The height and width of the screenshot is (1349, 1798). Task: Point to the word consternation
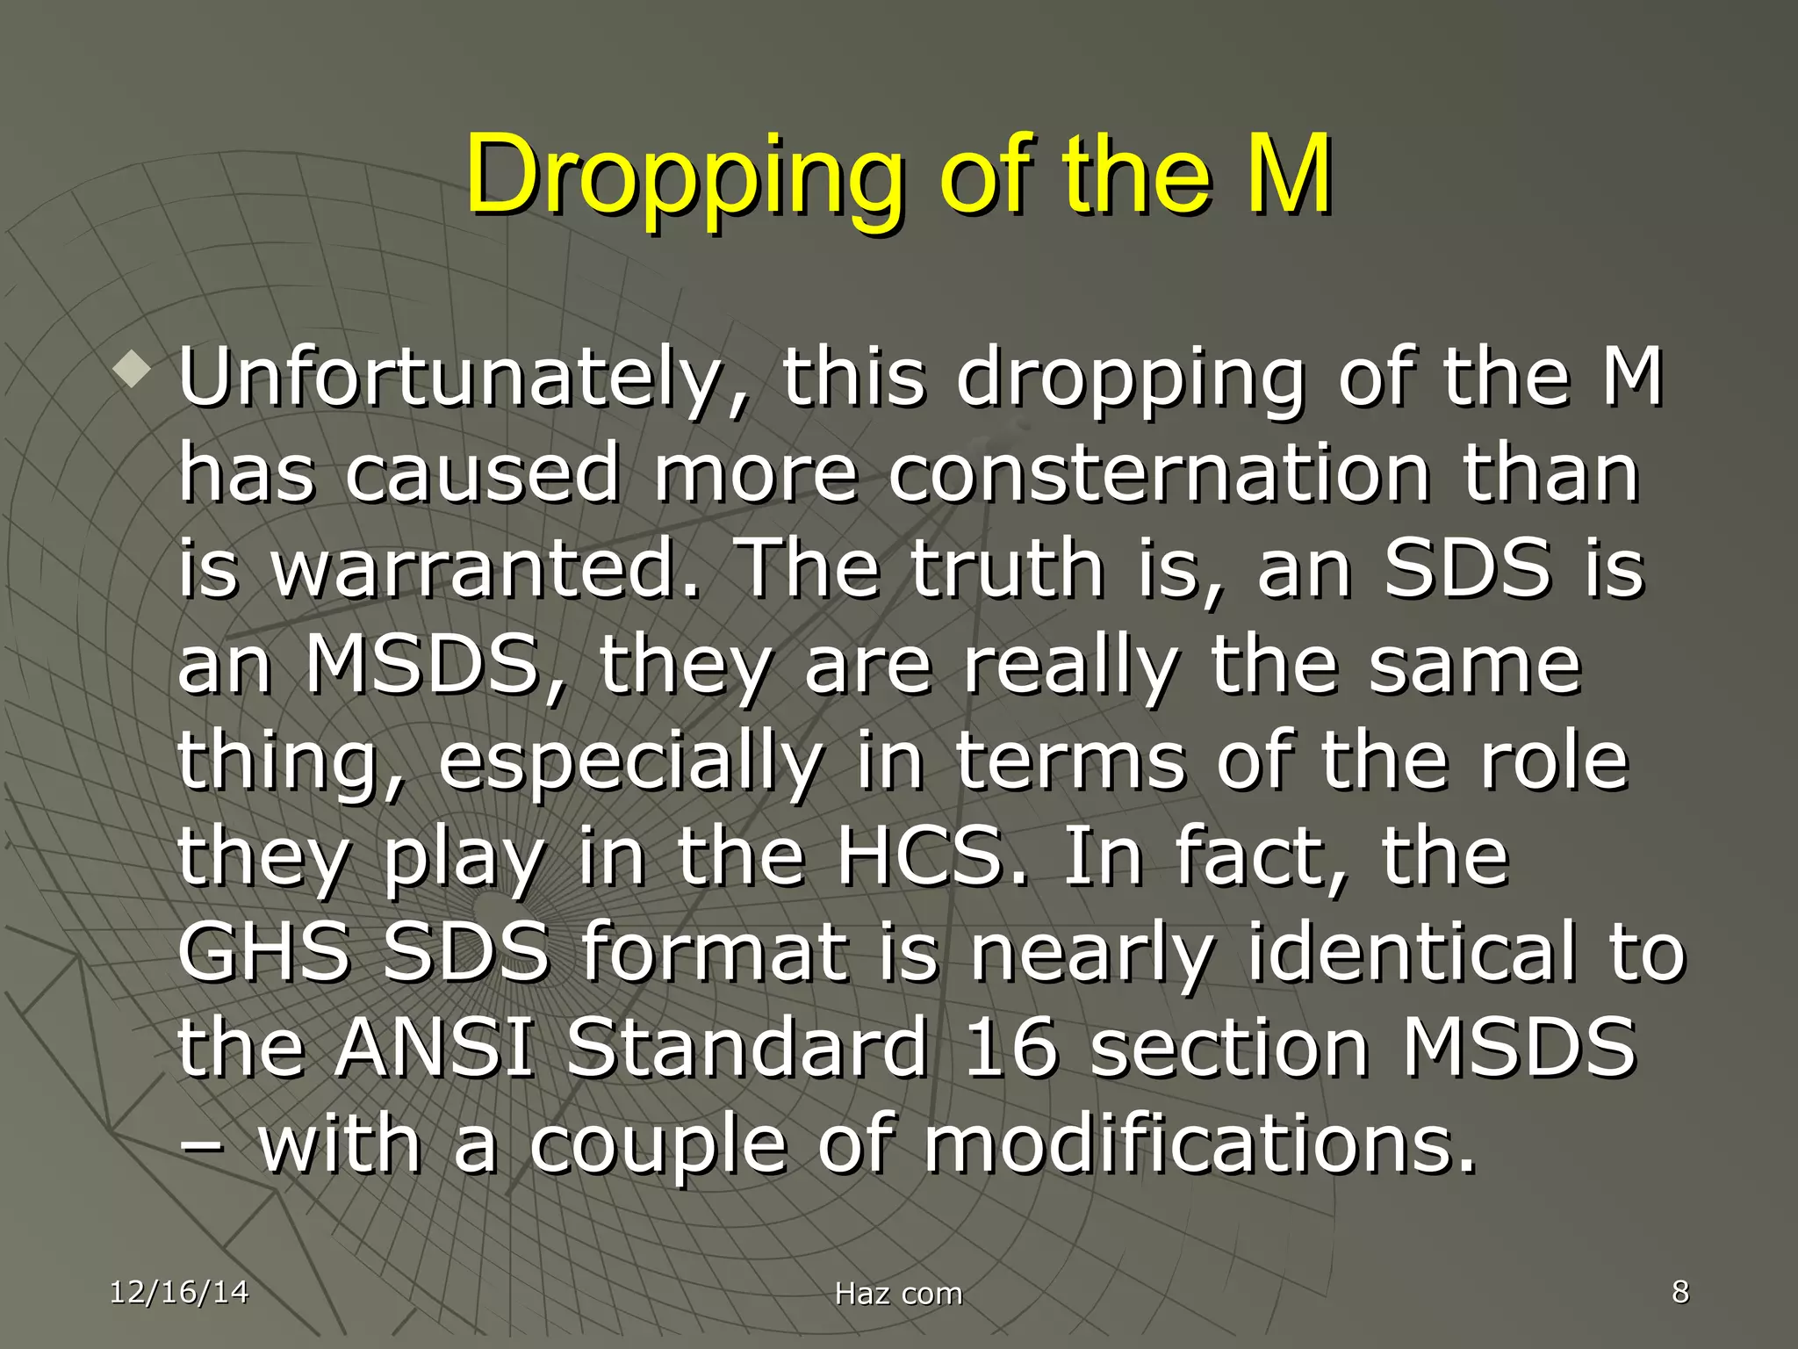[1160, 474]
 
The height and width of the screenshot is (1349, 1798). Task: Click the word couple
[658, 1147]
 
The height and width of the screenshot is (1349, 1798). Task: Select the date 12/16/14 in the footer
[179, 1292]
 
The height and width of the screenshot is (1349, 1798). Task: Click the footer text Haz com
[898, 1294]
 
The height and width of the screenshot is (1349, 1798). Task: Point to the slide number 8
[1680, 1292]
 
